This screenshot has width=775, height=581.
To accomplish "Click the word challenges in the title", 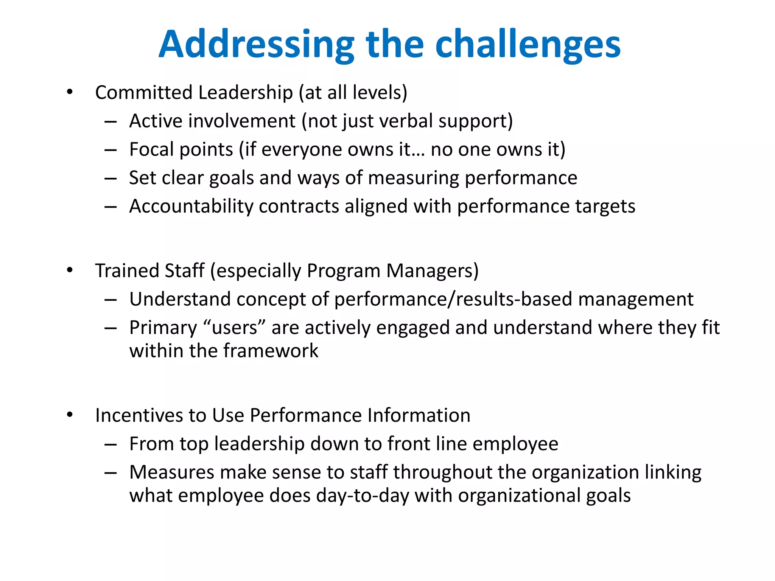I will pyautogui.click(x=528, y=45).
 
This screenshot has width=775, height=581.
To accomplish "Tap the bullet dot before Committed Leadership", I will pyautogui.click(x=70, y=92).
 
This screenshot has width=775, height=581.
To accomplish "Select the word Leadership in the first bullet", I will pyautogui.click(x=245, y=93).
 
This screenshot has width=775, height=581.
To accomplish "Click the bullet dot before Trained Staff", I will pyautogui.click(x=70, y=270).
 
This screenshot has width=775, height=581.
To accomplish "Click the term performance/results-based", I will pyautogui.click(x=453, y=299).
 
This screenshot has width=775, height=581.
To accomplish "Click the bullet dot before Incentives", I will pyautogui.click(x=70, y=415).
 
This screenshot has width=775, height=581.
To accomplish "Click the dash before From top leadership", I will pyautogui.click(x=110, y=444).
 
